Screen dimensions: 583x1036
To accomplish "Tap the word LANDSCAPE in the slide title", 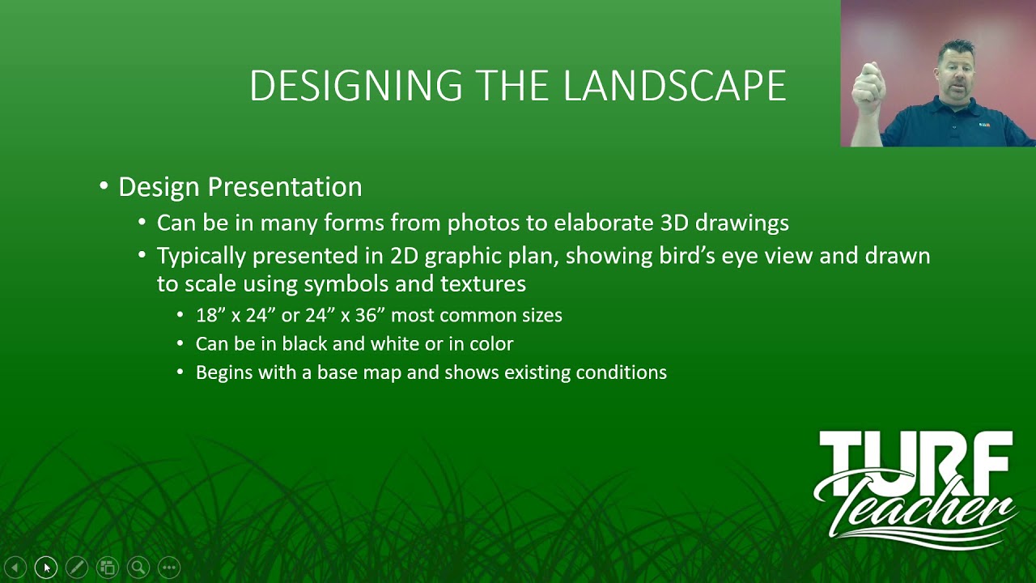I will (x=674, y=86).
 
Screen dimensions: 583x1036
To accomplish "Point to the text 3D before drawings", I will (x=675, y=223).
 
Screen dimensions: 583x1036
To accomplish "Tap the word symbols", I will (x=339, y=284).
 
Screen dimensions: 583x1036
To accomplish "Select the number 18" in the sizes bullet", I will (x=210, y=315).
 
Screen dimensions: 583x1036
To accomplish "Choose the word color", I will (x=490, y=344).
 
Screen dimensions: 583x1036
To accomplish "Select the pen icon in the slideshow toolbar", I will (x=77, y=568).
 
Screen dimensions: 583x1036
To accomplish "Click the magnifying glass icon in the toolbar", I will (x=138, y=568).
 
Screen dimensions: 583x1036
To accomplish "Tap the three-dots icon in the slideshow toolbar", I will (x=168, y=568).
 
